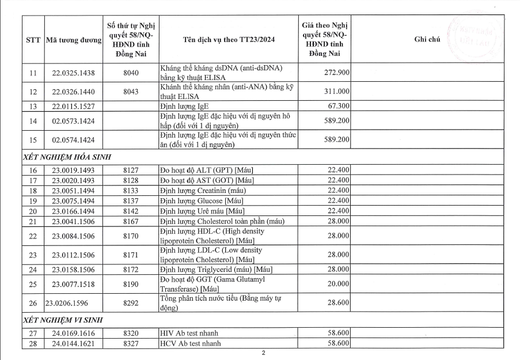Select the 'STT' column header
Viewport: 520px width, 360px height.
tap(33, 40)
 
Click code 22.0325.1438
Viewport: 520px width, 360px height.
tap(74, 73)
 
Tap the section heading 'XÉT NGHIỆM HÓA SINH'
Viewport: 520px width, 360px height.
tap(67, 157)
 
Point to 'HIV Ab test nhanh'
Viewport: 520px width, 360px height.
tap(189, 333)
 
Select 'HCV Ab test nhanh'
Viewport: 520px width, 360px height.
tap(189, 344)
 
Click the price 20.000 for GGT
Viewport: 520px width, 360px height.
tap(336, 284)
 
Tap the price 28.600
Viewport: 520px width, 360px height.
tap(336, 302)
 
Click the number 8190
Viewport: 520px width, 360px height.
tap(131, 284)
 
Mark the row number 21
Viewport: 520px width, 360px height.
tap(33, 222)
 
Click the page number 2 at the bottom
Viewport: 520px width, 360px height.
tap(263, 353)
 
